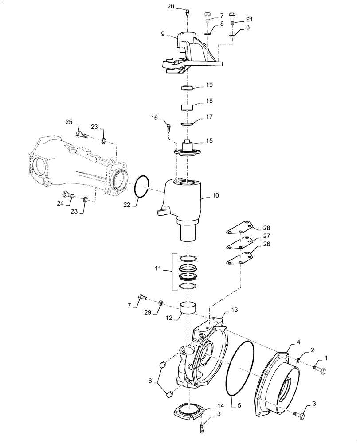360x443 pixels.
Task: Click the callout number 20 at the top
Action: [171, 6]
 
